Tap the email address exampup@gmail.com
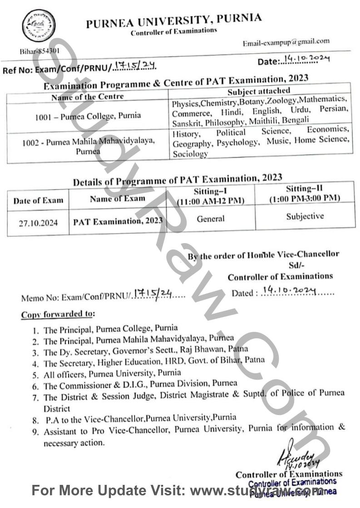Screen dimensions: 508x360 pyautogui.click(x=286, y=42)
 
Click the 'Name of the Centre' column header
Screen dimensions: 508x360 pyautogui.click(x=87, y=96)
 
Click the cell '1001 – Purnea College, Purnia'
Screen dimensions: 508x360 pyautogui.click(x=88, y=115)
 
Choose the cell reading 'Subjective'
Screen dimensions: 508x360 pyautogui.click(x=305, y=216)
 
